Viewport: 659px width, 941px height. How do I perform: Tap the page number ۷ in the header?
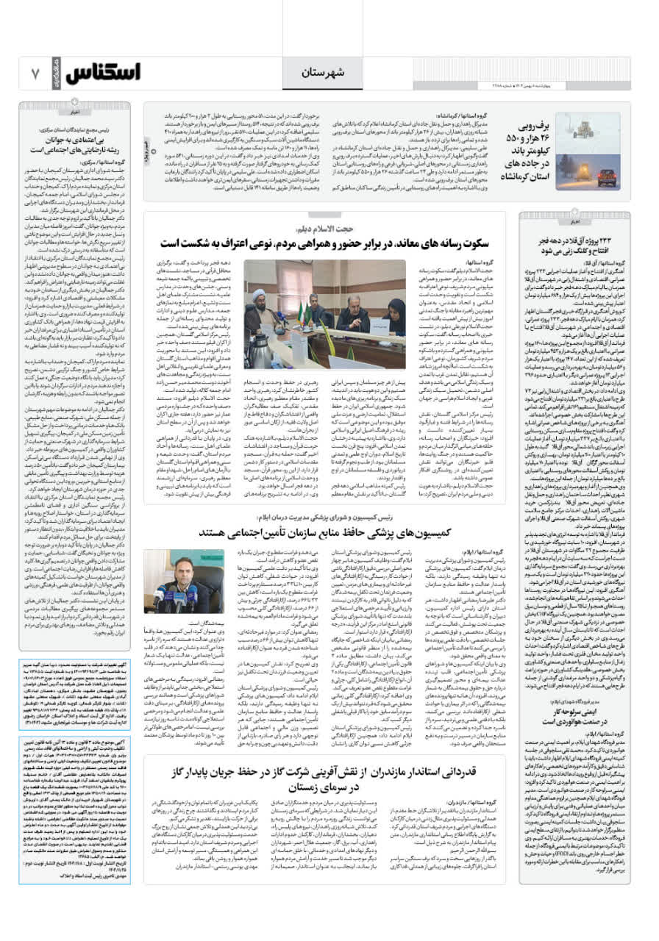tap(35, 73)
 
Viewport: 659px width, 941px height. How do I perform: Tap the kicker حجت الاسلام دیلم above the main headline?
tap(324, 228)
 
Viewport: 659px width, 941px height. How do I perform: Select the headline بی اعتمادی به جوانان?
tap(74, 143)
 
